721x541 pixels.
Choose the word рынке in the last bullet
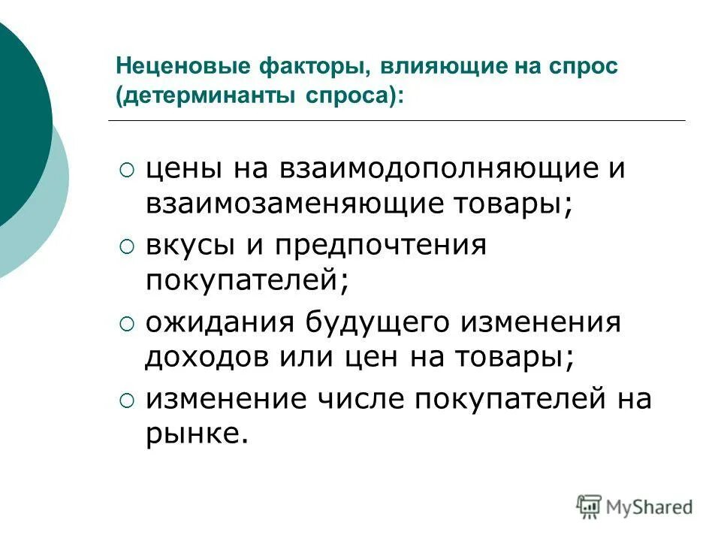[x=196, y=434]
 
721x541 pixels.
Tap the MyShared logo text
[x=651, y=507]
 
